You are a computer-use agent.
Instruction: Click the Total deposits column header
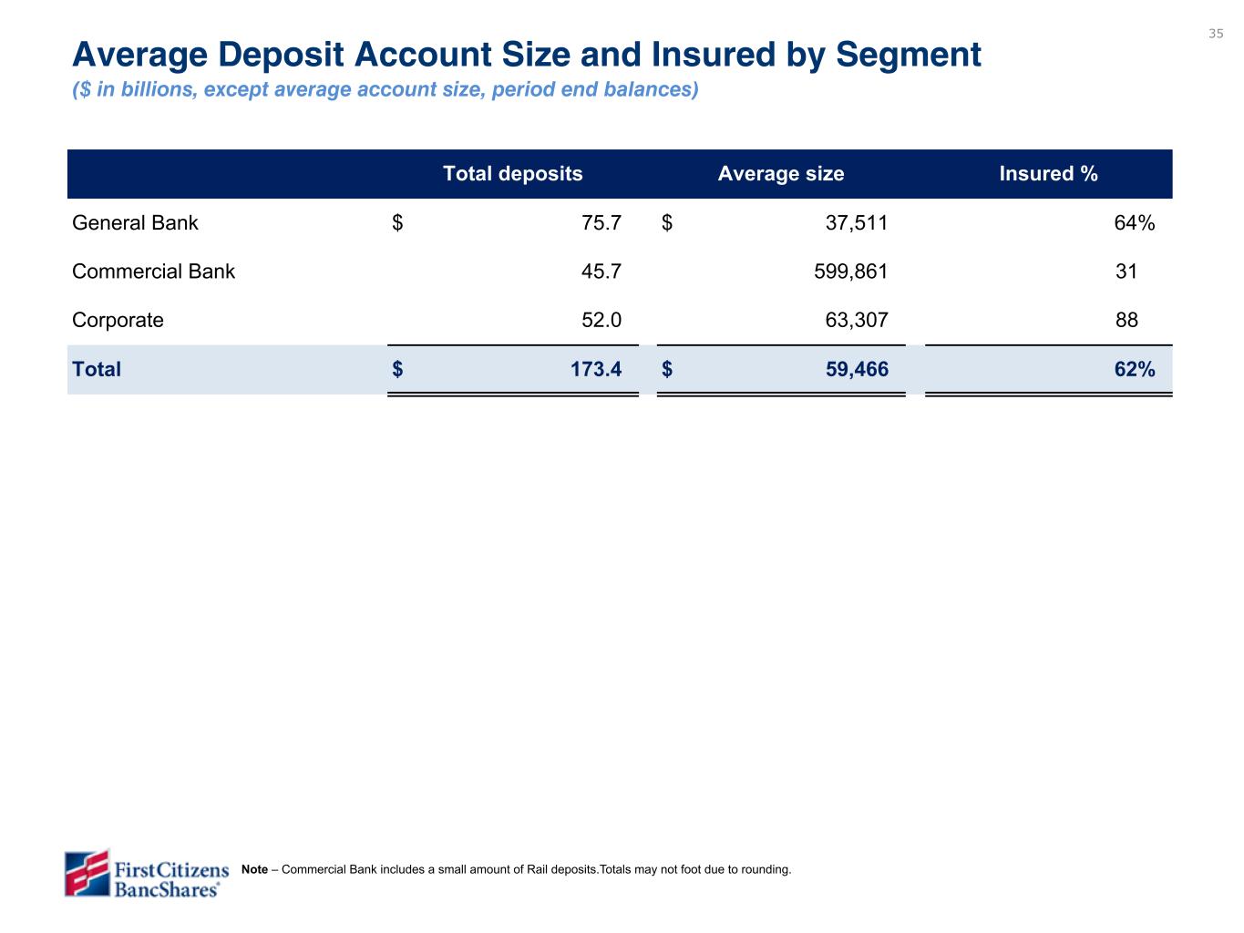(512, 173)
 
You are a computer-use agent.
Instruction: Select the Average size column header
(781, 173)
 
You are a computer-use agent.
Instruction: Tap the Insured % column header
(1048, 173)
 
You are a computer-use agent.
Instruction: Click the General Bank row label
(135, 222)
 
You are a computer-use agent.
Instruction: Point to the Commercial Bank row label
(153, 272)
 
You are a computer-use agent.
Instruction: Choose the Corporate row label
(118, 321)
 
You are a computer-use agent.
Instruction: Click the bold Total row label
(97, 369)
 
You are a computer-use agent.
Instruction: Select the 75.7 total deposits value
(601, 222)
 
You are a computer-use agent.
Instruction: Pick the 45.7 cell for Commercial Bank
(601, 272)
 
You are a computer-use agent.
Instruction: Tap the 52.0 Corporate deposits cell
(601, 320)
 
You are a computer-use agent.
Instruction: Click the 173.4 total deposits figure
(596, 369)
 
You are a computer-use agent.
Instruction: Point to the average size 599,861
(850, 272)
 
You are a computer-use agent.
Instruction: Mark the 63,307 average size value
(857, 320)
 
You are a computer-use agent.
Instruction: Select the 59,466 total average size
(857, 369)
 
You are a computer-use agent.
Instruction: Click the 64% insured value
(1134, 222)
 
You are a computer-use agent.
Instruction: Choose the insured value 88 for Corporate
(1126, 320)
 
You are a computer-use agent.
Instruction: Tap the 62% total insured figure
(1134, 369)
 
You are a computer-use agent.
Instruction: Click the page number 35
(1215, 34)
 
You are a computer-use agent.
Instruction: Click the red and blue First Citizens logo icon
(87, 873)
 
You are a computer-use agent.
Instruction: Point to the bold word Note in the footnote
(254, 869)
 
